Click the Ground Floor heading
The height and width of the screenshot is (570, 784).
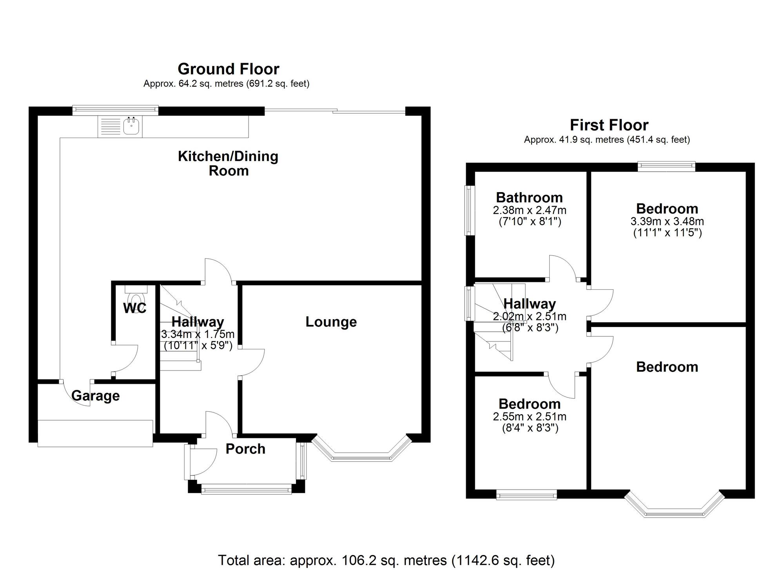229,69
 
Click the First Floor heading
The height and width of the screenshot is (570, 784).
609,125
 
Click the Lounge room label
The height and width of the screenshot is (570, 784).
331,322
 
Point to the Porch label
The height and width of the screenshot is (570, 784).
245,449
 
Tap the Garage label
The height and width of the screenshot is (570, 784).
96,396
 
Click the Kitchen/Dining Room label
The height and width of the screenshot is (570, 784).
228,163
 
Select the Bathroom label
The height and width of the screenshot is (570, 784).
529,197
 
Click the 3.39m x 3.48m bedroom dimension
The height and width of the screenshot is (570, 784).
667,221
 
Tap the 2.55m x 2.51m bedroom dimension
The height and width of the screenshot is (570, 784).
530,416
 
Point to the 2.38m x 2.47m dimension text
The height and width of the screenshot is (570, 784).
530,210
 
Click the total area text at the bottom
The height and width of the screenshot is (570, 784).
386,560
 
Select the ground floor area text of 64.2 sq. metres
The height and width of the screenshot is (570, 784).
226,84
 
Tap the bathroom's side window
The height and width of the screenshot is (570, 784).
470,210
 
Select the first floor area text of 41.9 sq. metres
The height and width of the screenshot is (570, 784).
607,140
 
